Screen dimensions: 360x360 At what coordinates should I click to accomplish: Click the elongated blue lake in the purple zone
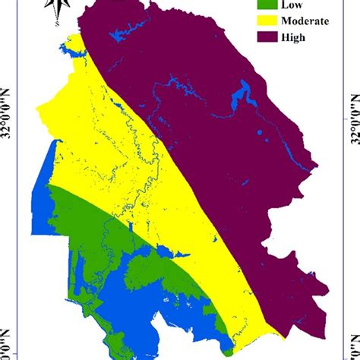243,97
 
